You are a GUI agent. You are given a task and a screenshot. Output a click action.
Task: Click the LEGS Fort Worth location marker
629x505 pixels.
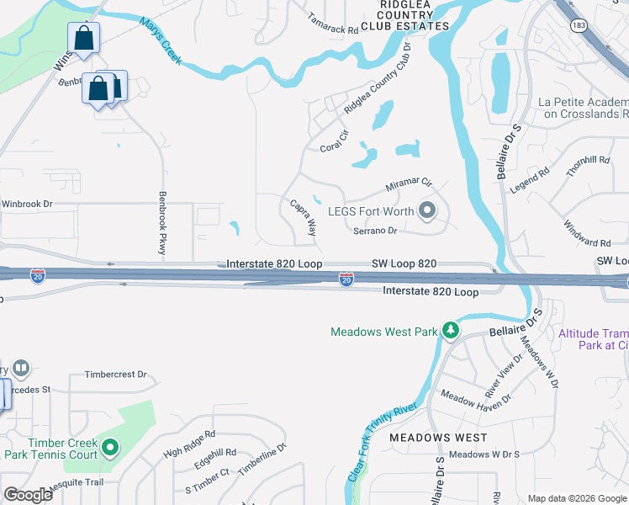[x=427, y=210]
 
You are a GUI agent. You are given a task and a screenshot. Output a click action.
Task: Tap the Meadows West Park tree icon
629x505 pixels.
[x=451, y=331]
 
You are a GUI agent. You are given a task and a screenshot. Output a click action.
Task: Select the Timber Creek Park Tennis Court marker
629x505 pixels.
[x=110, y=448]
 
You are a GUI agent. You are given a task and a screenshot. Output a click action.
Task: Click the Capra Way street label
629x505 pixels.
[x=303, y=217]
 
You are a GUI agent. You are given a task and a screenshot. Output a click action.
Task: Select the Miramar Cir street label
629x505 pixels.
[x=408, y=183]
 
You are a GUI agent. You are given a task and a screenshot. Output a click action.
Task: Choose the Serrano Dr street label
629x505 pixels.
[x=374, y=230]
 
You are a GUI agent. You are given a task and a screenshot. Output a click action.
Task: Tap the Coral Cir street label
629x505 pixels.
[x=335, y=141]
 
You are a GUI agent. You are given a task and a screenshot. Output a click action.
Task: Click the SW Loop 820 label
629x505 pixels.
[x=404, y=263]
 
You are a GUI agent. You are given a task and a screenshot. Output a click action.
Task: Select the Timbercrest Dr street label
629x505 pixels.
[x=115, y=375]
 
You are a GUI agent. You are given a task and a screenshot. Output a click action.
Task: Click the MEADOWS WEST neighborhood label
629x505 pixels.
[x=438, y=438]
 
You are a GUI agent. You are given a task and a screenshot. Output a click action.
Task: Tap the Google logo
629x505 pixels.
[x=28, y=495]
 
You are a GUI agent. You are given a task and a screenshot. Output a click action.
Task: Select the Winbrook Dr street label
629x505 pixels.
[x=27, y=204]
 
